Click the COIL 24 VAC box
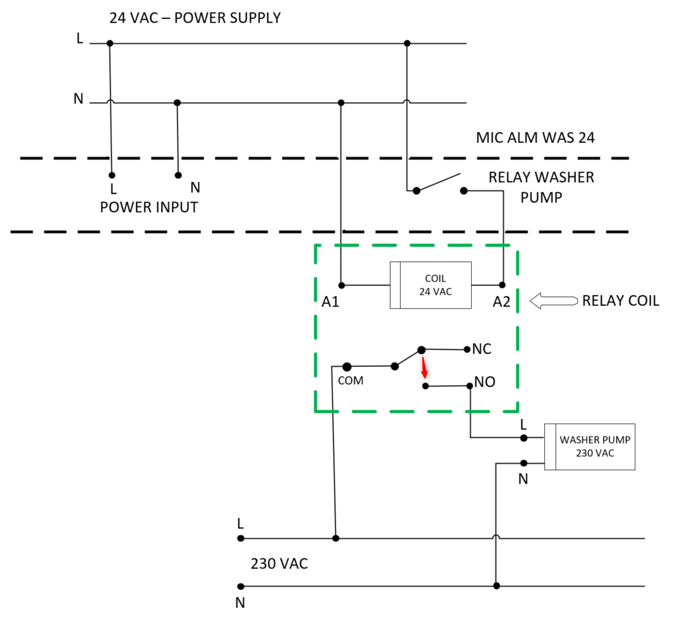pyautogui.click(x=431, y=286)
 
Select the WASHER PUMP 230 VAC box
pyautogui.click(x=589, y=447)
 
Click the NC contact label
pyautogui.click(x=482, y=349)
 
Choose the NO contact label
pyautogui.click(x=485, y=383)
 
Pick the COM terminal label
pyautogui.click(x=350, y=381)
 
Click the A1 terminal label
pyautogui.click(x=330, y=302)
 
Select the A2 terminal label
pyautogui.click(x=501, y=302)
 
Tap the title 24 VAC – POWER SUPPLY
pyautogui.click(x=195, y=18)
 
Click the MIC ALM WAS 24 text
pyautogui.click(x=535, y=138)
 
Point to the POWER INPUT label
pyautogui.click(x=149, y=207)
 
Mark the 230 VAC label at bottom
pyautogui.click(x=279, y=563)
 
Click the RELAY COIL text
pyautogui.click(x=621, y=301)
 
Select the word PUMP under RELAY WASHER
pyautogui.click(x=541, y=197)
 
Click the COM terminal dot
pyautogui.click(x=347, y=367)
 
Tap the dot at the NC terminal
pyautogui.click(x=467, y=349)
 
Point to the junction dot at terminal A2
pyautogui.click(x=502, y=285)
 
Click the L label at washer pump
pyautogui.click(x=523, y=424)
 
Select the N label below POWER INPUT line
pyautogui.click(x=195, y=187)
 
